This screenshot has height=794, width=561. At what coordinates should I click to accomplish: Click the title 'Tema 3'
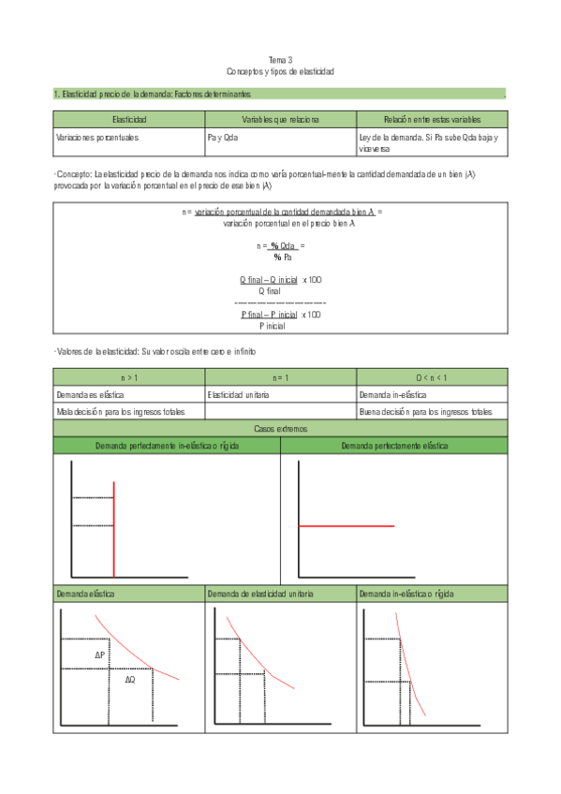click(x=280, y=60)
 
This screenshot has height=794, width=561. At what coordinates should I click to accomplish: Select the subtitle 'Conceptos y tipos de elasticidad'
click(x=280, y=71)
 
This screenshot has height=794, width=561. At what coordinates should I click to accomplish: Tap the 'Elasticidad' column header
click(x=128, y=120)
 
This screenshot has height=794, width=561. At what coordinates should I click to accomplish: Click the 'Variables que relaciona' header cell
click(x=280, y=120)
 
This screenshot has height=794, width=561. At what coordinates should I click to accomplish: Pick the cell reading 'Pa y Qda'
click(x=222, y=137)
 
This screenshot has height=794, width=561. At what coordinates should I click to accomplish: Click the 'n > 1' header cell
click(x=129, y=377)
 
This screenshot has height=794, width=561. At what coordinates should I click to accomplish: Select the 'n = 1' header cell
click(x=280, y=377)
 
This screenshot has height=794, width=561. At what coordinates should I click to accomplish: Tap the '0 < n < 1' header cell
click(x=431, y=377)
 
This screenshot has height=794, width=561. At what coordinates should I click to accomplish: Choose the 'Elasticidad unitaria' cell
click(x=239, y=395)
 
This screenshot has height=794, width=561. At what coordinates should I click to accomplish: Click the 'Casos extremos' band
click(x=280, y=428)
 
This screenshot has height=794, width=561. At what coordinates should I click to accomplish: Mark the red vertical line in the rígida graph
click(x=113, y=529)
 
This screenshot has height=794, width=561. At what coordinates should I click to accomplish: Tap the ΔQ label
click(x=130, y=680)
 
